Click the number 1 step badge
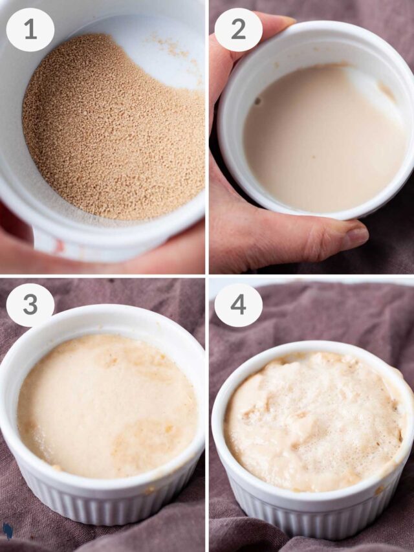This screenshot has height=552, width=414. [x=30, y=30]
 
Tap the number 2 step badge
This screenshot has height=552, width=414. [x=238, y=30]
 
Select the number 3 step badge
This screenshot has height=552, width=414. [x=30, y=305]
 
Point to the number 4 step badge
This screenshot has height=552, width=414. [x=238, y=305]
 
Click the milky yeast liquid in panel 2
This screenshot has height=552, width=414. [x=324, y=141]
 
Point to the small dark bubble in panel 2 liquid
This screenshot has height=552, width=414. [x=257, y=102]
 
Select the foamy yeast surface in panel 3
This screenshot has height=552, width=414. [x=105, y=405]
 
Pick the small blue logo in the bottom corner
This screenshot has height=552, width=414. [x=7, y=531]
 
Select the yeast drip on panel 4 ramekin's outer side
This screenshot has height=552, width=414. [x=380, y=490]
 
